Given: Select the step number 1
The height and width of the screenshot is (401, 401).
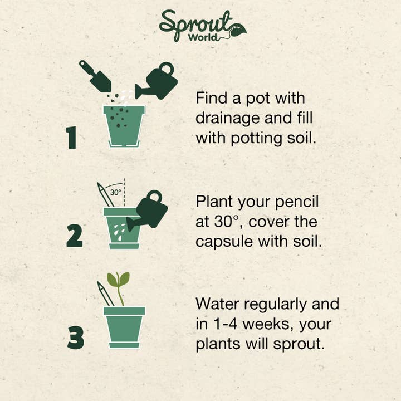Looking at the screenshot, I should [x=71, y=138].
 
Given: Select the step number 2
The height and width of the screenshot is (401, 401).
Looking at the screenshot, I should [x=74, y=236].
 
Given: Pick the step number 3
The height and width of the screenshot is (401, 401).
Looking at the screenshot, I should [x=75, y=338].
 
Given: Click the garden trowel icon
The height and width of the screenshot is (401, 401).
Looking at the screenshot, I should [x=95, y=76].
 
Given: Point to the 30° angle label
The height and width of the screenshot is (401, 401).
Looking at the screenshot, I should [x=115, y=192].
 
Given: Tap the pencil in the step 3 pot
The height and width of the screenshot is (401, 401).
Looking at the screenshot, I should [x=105, y=294].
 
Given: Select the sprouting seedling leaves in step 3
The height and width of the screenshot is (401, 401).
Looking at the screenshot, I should [x=119, y=280].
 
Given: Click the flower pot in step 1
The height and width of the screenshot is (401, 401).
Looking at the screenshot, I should [x=124, y=126].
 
